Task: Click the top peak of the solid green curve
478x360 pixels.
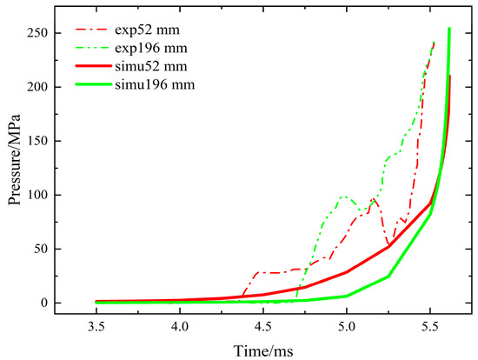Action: click(449, 29)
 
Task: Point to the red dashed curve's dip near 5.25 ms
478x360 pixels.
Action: click(389, 245)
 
